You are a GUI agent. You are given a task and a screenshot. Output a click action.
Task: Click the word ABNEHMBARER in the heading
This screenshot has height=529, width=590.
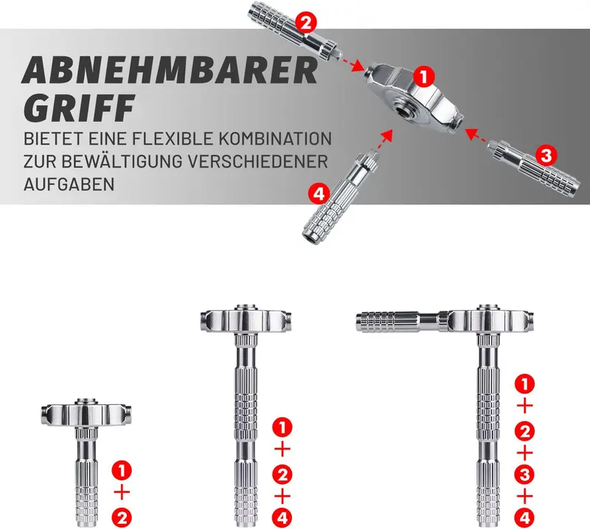click(170, 70)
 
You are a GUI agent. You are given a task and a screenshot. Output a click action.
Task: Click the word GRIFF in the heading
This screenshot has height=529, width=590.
click(78, 108)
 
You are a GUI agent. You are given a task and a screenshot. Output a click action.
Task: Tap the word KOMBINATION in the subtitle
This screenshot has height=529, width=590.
click(274, 139)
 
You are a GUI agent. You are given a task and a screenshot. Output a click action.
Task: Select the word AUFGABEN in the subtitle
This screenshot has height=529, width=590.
click(69, 184)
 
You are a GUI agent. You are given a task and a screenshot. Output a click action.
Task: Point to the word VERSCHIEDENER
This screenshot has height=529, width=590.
click(258, 162)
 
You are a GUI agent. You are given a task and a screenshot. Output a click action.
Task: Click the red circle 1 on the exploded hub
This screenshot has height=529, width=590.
click(423, 77)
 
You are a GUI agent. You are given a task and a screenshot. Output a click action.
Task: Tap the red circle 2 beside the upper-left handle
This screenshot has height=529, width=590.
click(306, 24)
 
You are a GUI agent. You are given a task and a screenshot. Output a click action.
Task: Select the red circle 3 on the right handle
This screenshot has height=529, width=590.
click(546, 155)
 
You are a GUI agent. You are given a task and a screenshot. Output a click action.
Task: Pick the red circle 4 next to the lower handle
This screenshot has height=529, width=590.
click(319, 194)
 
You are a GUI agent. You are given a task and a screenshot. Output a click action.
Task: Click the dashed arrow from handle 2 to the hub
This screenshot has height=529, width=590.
click(352, 63)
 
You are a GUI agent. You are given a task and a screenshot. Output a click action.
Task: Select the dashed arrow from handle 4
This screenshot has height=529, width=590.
click(383, 139)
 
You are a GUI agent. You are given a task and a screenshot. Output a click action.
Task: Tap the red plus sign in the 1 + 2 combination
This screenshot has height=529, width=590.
click(122, 492)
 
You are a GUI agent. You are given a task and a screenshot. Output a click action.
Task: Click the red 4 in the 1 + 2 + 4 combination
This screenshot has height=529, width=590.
click(282, 519)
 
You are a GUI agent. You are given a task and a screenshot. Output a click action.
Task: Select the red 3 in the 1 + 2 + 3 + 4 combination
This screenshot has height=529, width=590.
click(524, 475)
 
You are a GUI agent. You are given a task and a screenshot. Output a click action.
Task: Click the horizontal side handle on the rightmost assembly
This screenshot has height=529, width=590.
click(401, 322)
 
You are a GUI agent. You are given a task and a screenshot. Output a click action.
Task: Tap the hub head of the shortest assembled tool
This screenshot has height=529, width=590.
click(86, 414)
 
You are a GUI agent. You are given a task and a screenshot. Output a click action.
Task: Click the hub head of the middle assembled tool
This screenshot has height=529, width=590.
click(246, 319)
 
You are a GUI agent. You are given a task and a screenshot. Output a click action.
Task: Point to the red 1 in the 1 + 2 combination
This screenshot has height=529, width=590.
click(122, 470)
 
